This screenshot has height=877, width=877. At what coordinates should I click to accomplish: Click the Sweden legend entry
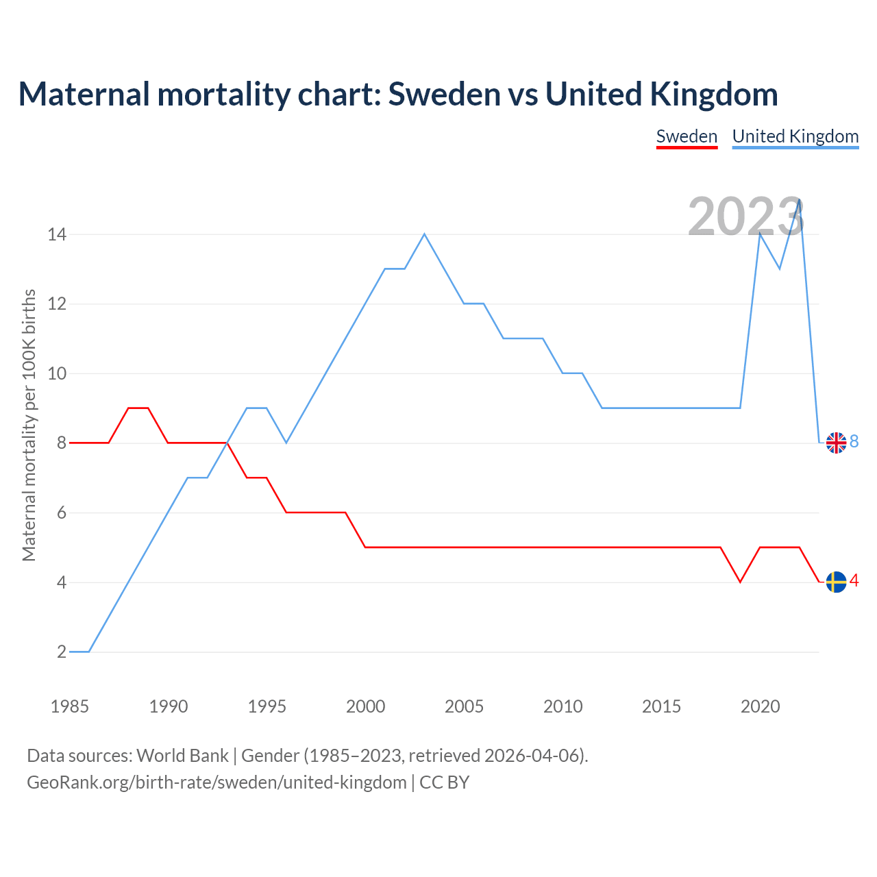coord(687,136)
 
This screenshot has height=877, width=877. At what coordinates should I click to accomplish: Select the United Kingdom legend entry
coord(795,136)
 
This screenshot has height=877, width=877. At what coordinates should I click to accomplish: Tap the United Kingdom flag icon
coord(836,443)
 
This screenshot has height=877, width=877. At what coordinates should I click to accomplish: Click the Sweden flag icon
coord(836,582)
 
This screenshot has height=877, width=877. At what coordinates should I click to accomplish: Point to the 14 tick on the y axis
coord(57,234)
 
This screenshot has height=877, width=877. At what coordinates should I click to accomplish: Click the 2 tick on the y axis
coord(62,652)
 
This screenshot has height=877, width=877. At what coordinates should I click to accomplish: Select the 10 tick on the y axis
coord(57,373)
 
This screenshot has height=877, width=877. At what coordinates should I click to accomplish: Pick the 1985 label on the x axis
coord(70,706)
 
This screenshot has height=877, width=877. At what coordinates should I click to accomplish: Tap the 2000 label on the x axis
coord(365,706)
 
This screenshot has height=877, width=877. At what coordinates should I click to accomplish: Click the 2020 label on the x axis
coord(760,706)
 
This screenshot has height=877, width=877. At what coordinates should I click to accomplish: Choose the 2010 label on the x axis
coord(563,706)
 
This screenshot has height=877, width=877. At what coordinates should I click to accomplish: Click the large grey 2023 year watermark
coord(745,217)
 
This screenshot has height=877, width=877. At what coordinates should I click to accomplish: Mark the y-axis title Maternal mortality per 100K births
coord(29,425)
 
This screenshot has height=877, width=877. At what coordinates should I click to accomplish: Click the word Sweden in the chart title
coord(445,94)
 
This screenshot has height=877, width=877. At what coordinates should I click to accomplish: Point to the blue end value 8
coord(854,442)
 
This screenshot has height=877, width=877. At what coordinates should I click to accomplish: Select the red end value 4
coord(854,581)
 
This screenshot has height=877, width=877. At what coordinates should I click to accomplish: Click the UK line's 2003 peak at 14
coord(425,234)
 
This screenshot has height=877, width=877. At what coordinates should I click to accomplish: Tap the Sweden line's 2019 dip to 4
coord(740,582)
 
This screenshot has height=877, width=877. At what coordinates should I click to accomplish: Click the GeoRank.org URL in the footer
coord(217,782)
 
